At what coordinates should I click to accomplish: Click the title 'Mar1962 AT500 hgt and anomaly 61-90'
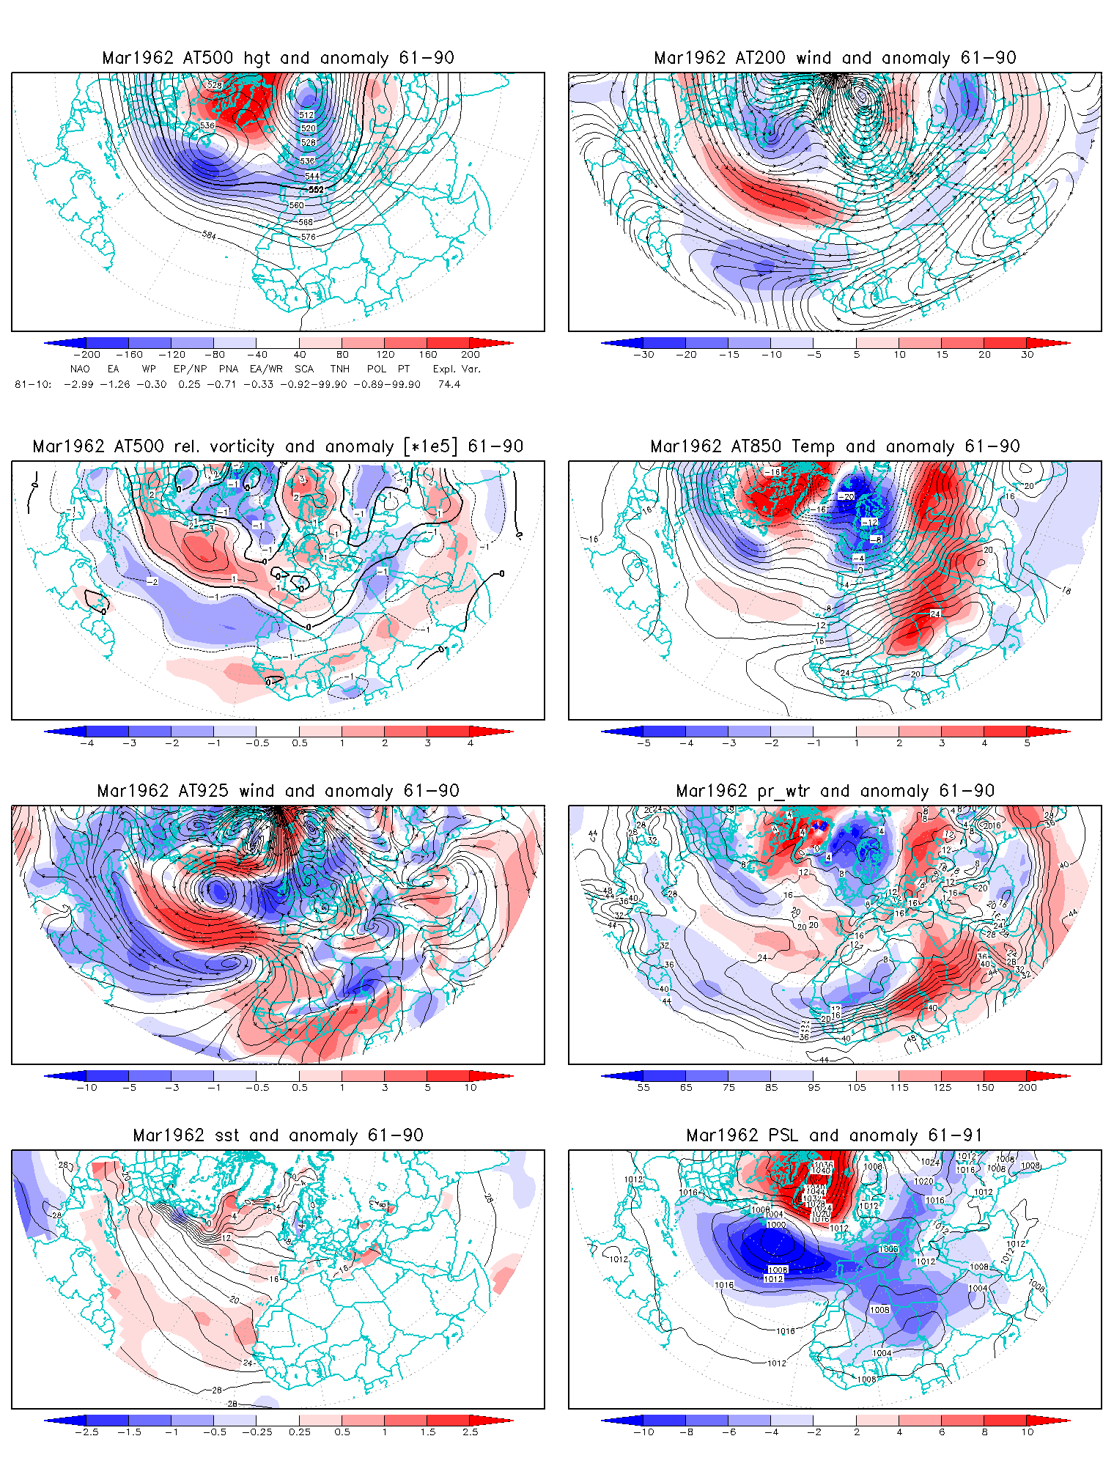click(278, 58)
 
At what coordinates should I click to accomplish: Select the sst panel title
click(278, 1135)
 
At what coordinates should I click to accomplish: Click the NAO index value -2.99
click(78, 384)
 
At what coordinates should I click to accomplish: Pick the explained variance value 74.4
click(449, 384)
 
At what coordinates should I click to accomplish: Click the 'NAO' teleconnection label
click(80, 369)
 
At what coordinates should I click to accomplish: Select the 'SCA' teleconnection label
click(304, 369)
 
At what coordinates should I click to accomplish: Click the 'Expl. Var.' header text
click(456, 369)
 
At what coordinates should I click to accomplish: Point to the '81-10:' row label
click(33, 384)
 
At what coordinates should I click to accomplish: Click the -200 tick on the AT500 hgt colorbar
click(86, 355)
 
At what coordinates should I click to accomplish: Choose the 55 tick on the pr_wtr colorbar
click(643, 1088)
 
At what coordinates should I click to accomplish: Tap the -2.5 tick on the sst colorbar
click(86, 1432)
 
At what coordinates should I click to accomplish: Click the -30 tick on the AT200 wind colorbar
click(643, 355)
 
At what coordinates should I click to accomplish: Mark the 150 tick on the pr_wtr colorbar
click(984, 1088)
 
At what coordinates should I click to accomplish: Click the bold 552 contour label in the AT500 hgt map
click(316, 190)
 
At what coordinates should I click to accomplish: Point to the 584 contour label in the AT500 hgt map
click(209, 235)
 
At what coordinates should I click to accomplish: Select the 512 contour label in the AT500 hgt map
click(306, 115)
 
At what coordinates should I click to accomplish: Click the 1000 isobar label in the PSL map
click(775, 1225)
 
